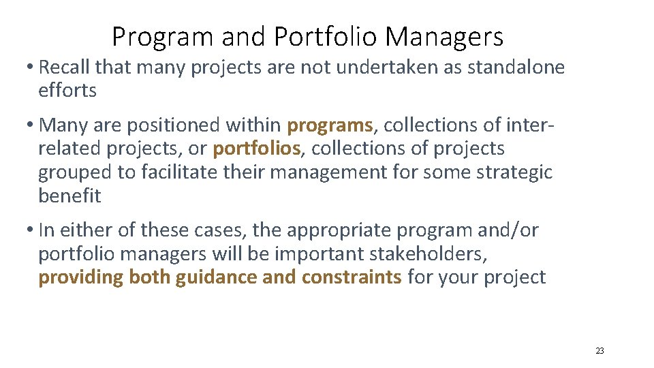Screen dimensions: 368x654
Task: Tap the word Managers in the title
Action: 444,36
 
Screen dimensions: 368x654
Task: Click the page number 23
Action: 599,351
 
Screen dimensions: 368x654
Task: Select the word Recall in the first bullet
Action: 65,67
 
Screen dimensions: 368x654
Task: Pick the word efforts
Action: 67,90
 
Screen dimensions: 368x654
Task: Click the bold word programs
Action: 330,125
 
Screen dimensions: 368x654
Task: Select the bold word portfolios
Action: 256,149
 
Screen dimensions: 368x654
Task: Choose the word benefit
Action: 69,196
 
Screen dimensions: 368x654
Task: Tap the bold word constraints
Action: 352,277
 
